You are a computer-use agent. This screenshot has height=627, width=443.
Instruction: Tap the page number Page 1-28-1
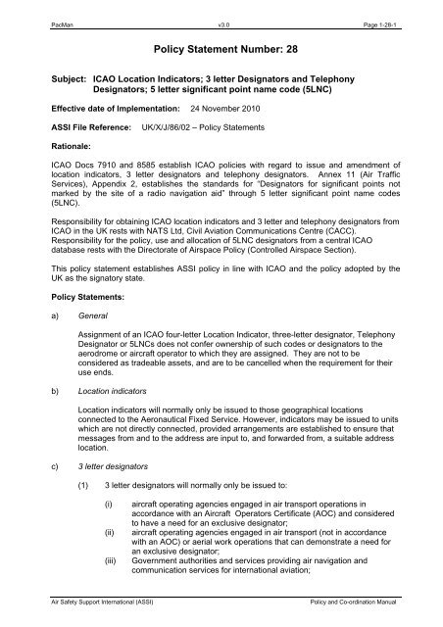(x=397, y=9)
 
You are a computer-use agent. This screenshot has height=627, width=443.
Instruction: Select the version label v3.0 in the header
(x=222, y=9)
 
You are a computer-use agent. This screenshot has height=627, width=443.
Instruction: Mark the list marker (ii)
(x=125, y=545)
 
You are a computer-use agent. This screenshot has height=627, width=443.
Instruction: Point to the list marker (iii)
(x=126, y=573)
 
